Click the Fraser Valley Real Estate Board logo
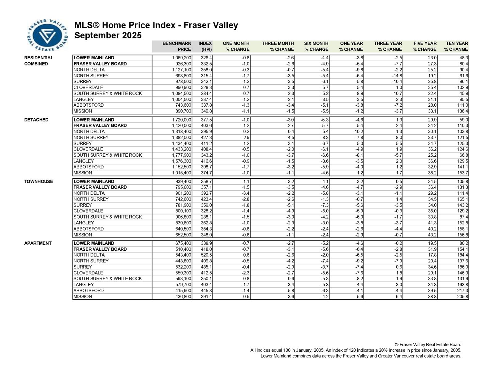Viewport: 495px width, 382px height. coord(47,35)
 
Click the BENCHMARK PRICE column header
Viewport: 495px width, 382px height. coord(177,46)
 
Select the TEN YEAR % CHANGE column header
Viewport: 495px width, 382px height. coord(456,46)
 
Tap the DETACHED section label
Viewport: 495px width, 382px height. coord(36,120)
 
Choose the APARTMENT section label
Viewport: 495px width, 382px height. coord(38,243)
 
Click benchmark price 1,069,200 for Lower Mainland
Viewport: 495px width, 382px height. coord(182,58)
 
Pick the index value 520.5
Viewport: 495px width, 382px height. coord(206,255)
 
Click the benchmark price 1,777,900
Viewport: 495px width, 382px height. coord(182,155)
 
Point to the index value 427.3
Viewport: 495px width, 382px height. coord(206,138)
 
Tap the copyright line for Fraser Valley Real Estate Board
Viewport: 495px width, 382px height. coord(428,345)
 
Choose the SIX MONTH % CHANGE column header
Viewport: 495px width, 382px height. coord(316,46)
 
